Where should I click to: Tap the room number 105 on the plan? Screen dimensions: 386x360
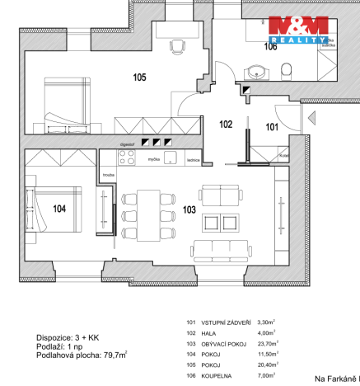pos(139,78)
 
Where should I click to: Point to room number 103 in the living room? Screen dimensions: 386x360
pos(189,209)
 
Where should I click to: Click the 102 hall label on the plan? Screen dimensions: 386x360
pos(226,125)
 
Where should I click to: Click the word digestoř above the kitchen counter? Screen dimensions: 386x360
pos(127,143)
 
